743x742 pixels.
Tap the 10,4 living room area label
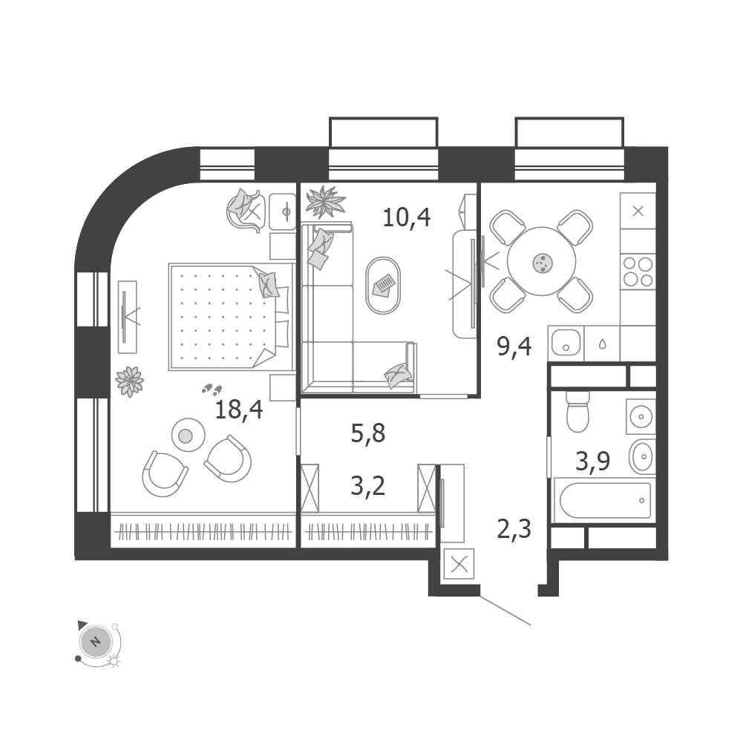tap(407, 217)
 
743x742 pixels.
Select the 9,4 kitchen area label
tap(514, 347)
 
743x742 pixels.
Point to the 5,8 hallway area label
tap(368, 433)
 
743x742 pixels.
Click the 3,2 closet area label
tap(368, 487)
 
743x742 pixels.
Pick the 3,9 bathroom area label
tap(592, 462)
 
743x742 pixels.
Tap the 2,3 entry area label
tap(514, 531)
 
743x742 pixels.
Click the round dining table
tap(542, 262)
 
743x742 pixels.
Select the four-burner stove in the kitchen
tap(638, 272)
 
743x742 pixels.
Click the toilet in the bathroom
tap(577, 413)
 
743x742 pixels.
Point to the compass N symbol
tap(95, 640)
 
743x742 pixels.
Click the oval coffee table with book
tap(383, 286)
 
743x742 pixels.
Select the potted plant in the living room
tap(325, 201)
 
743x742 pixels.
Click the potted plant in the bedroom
tap(130, 381)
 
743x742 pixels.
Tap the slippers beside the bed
tap(213, 389)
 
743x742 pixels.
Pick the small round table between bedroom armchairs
tap(187, 435)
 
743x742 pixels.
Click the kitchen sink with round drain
tap(566, 343)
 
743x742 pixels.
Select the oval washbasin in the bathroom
tap(642, 456)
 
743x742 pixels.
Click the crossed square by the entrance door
tap(458, 564)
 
